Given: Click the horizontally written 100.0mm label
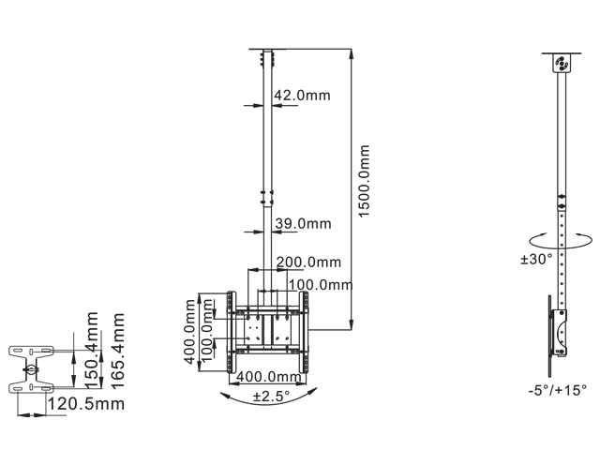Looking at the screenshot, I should pyautogui.click(x=319, y=284).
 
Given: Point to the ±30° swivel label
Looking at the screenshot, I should pyautogui.click(x=536, y=260).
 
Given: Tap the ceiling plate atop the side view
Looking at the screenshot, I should pyautogui.click(x=562, y=64).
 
